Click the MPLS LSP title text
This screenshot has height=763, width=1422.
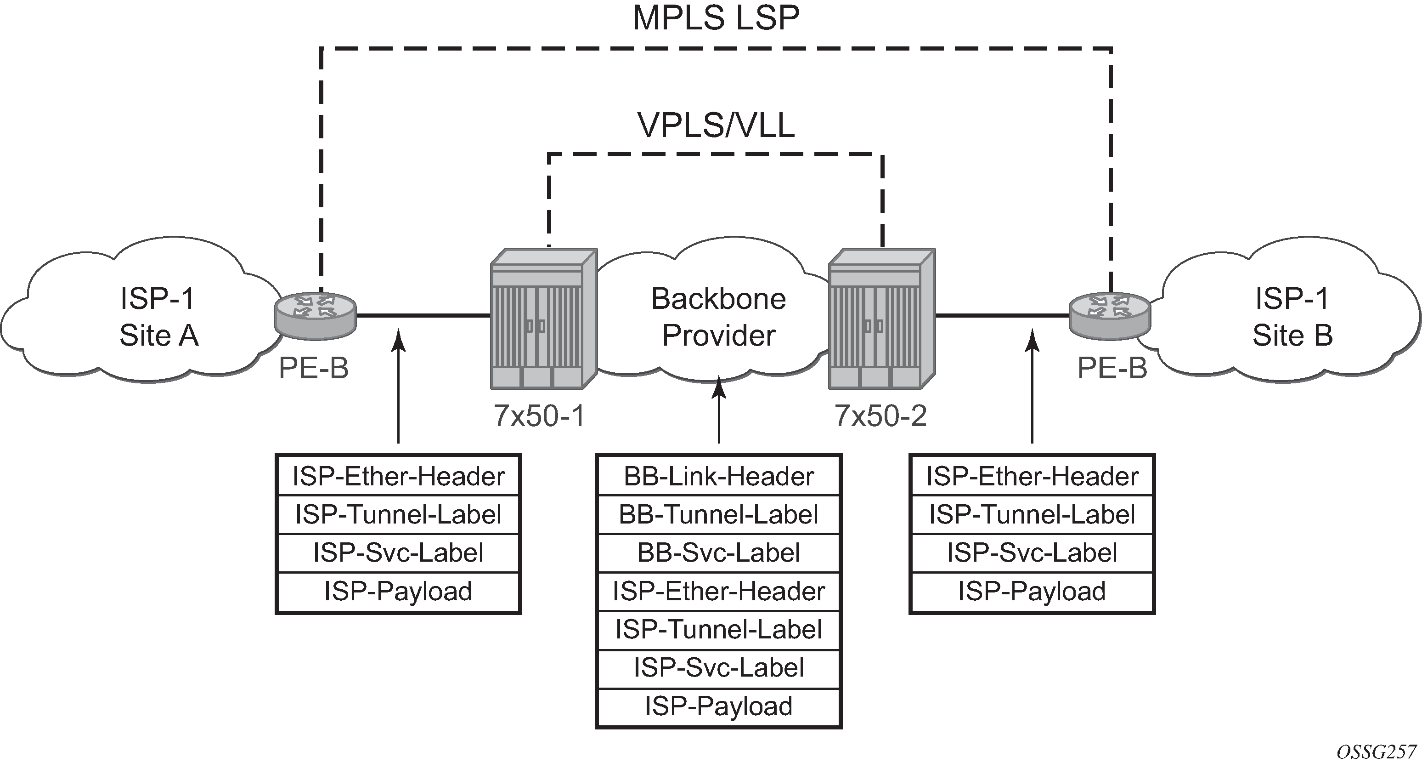coord(716,19)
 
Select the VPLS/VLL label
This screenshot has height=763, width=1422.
coord(716,125)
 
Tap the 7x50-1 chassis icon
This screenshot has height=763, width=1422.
coord(544,319)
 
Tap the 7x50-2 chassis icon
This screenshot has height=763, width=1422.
coord(881,319)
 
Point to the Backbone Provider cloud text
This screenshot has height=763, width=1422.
coord(719,317)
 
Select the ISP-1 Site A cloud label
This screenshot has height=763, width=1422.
coord(158,317)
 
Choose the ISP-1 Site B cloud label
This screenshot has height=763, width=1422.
coord(1292,317)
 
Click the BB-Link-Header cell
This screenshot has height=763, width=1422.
coord(719,476)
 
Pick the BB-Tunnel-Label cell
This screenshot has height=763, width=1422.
coord(719,514)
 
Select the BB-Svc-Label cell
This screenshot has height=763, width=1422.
coord(719,552)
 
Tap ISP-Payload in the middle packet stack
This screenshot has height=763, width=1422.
coord(719,706)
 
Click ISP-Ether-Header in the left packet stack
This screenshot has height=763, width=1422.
coord(398,476)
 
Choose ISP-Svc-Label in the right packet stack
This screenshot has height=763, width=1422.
coord(1032,552)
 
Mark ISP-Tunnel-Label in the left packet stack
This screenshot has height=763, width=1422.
coord(398,514)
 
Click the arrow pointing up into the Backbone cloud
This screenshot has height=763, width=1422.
coord(719,409)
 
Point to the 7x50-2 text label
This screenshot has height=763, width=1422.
coord(880,416)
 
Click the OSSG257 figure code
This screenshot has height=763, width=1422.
coord(1376,752)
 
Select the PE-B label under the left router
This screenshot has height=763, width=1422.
coord(314,369)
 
